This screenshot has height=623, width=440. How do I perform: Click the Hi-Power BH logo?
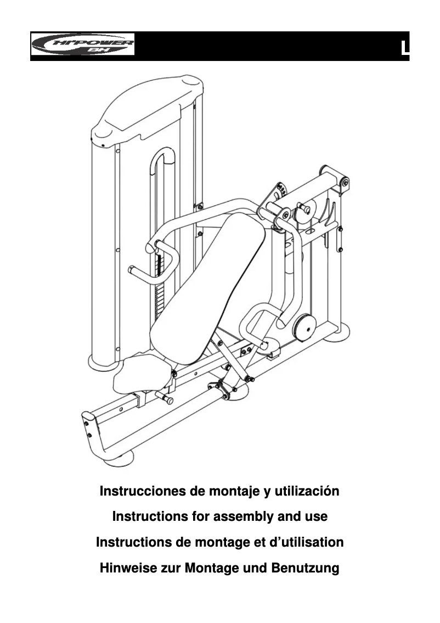[83, 44]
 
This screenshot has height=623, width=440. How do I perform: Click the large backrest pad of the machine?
[211, 286]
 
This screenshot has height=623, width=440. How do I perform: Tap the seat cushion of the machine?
[142, 374]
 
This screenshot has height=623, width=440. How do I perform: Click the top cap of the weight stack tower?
[147, 104]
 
